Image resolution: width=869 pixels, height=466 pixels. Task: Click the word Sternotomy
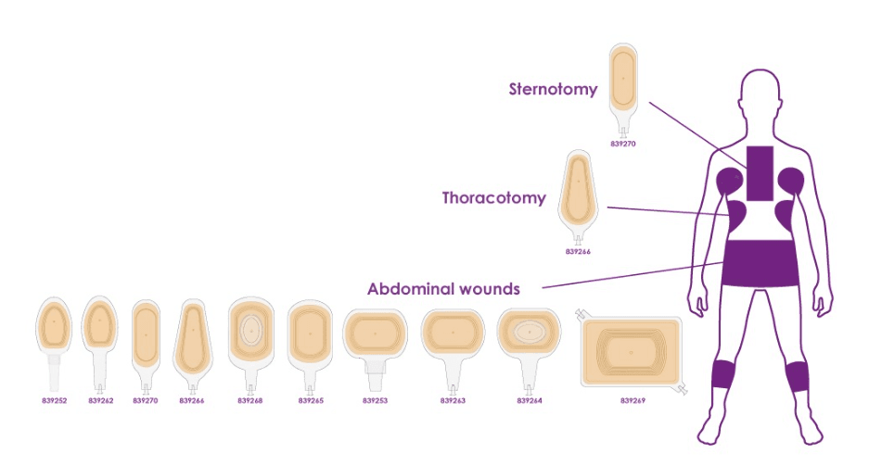[553, 89]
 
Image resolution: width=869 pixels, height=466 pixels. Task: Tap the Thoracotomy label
[493, 197]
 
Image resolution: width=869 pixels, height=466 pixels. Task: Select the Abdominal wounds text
[443, 288]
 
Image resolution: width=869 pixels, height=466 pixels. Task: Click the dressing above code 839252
[53, 326]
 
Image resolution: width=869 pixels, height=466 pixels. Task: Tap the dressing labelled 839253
[375, 334]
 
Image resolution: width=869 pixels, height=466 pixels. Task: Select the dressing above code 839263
[453, 333]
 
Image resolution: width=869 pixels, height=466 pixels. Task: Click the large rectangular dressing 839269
[631, 352]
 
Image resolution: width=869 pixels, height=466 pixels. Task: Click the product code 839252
[53, 400]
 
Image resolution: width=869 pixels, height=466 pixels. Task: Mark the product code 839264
[529, 400]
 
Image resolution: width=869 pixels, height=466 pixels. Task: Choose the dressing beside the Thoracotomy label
[577, 190]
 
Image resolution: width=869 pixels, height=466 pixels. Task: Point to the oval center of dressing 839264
[529, 330]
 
